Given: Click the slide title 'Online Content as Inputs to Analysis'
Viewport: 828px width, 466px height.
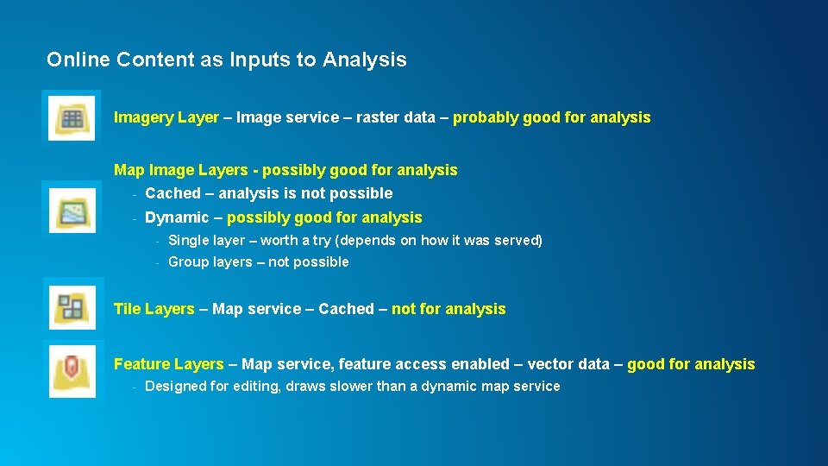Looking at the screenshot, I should pos(226,60).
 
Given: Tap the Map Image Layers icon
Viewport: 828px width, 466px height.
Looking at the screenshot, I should pos(72,210).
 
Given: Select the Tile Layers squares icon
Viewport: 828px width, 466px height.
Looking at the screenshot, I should pos(72,306).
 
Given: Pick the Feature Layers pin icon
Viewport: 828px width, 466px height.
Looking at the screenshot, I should pos(72,368).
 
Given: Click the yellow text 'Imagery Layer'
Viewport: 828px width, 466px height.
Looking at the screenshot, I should pos(166,117).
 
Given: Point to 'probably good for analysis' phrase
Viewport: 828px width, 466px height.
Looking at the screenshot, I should pos(551,117).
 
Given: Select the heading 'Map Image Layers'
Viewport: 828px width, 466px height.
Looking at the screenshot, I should pos(183,170).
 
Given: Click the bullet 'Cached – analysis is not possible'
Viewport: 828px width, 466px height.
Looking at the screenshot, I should pos(268,193).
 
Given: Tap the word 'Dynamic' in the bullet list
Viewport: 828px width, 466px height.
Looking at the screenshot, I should pos(177,217).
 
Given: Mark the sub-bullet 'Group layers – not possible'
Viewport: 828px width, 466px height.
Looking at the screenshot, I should pos(258,261).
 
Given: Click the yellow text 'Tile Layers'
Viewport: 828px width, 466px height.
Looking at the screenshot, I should pos(154,309).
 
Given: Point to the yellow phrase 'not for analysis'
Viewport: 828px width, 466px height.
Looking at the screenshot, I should pos(448,309).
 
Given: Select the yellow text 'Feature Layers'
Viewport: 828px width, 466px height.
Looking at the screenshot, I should pos(169,364).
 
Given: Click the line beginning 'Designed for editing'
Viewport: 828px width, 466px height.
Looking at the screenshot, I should pos(352,387).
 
